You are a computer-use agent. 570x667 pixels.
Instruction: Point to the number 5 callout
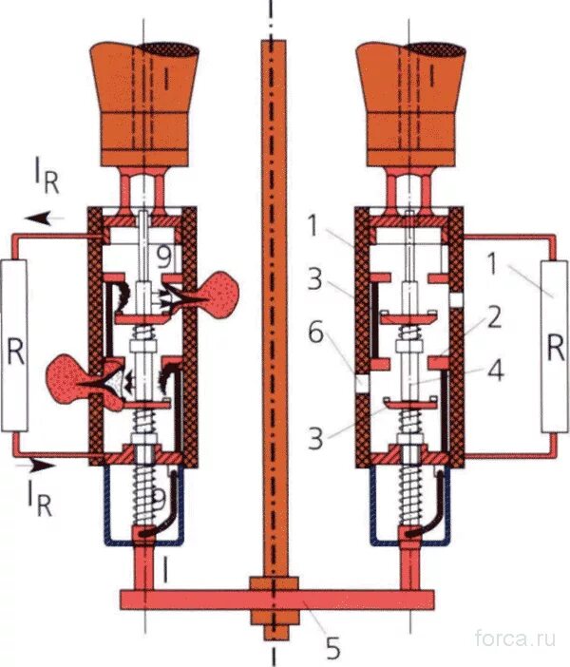coord(332,648)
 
